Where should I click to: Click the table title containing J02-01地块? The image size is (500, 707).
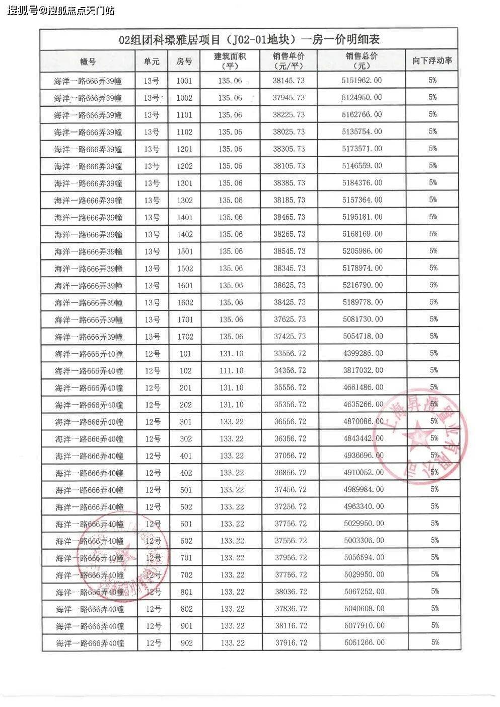coord(249,39)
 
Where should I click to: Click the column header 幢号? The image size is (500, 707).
coord(88,61)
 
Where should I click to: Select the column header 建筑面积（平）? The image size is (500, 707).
coord(230,61)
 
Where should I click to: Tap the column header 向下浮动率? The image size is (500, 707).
coord(432,61)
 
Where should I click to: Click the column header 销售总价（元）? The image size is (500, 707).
coord(362,61)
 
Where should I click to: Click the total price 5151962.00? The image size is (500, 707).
coord(362,81)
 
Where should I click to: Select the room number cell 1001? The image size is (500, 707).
coord(184,81)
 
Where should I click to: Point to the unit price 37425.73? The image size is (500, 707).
coord(290,336)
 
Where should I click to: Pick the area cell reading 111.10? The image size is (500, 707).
coord(231,370)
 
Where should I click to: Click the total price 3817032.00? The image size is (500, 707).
coord(363,370)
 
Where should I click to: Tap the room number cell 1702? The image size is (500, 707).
coord(185,337)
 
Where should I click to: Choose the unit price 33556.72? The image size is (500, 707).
coord(290,353)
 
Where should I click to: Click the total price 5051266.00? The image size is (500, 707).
coord(365,642)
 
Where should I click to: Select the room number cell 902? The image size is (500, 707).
coord(186,643)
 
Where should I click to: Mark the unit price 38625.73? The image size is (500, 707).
coord(290,285)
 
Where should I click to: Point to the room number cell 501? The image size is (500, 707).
coord(186,490)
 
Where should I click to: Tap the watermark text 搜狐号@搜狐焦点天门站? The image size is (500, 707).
coord(61,10)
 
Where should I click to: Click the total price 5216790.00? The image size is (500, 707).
coord(363,285)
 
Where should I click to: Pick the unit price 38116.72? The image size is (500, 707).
coord(291,625)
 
